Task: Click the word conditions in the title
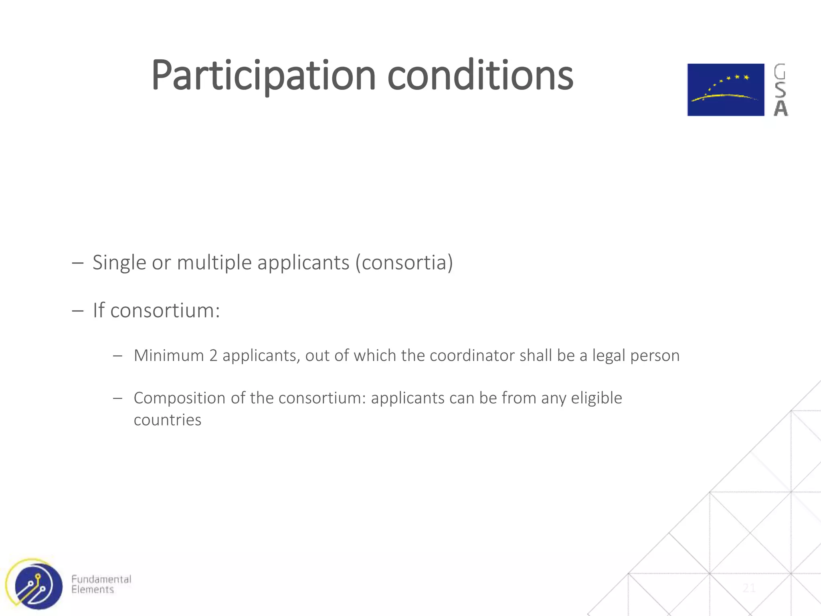coord(480,75)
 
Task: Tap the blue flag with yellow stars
coord(726,90)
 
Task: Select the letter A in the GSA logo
coord(780,109)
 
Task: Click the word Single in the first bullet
coord(119,263)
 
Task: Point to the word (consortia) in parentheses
coord(404,263)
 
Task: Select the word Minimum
coord(169,356)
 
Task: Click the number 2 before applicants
coord(213,356)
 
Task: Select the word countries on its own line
coord(167,420)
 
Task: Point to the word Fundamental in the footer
coord(101,579)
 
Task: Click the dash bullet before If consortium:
coord(78,311)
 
